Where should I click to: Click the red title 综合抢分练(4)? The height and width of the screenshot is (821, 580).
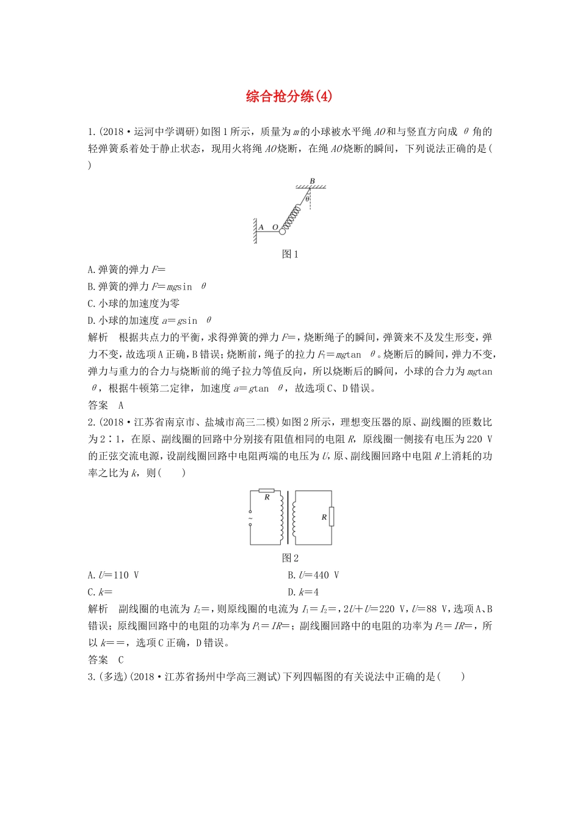(x=289, y=96)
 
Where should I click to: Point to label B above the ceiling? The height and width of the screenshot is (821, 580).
(x=312, y=181)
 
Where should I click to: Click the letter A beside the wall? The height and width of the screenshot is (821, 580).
(x=261, y=227)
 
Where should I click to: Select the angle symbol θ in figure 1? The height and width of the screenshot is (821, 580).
(x=308, y=199)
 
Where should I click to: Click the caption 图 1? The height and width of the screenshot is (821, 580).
(x=290, y=254)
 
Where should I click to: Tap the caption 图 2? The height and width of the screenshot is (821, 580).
(x=290, y=558)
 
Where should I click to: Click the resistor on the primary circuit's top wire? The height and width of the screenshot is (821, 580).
(x=267, y=491)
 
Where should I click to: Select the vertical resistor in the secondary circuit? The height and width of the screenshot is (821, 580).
(x=332, y=517)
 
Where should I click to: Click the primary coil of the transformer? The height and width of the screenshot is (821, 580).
(x=281, y=517)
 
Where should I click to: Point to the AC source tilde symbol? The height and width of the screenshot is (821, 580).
(x=250, y=519)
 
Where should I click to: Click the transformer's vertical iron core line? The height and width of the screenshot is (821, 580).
(x=288, y=517)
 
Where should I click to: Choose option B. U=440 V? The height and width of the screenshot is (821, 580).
(x=313, y=575)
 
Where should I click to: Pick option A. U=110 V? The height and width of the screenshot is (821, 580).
(x=114, y=575)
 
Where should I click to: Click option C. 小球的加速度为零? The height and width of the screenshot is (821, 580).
(x=134, y=304)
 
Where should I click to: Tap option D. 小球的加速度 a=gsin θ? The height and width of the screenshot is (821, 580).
(x=150, y=320)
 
